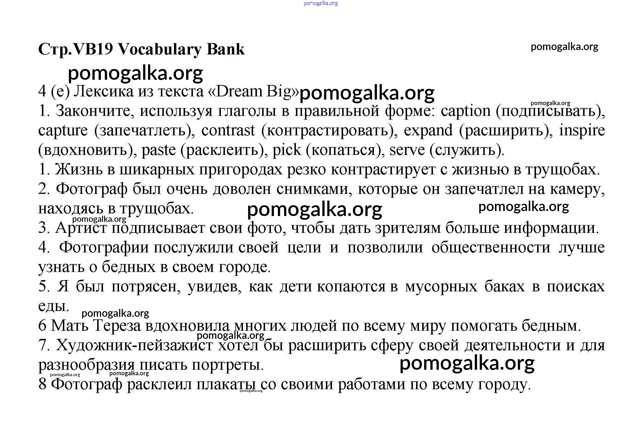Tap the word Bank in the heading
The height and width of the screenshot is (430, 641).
coord(225,49)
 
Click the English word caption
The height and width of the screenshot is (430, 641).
coord(466,112)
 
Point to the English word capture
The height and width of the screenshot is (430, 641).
coord(63,131)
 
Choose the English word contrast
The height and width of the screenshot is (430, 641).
coord(228,131)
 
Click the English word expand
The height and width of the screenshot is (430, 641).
coord(428,131)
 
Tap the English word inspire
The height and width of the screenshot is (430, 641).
coord(582,131)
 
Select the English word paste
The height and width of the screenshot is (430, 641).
coord(159,150)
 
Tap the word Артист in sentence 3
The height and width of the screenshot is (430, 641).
coord(81,228)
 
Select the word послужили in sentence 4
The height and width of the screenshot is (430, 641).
coord(193,248)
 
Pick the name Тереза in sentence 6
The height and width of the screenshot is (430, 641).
coord(117,326)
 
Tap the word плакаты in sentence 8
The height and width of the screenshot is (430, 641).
coord(227,384)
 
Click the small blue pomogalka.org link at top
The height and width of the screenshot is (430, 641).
coord(320,3)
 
